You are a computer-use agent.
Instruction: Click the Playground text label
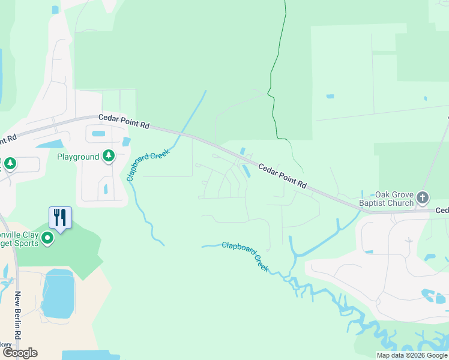(78, 157)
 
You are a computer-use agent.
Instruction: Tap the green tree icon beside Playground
(108, 157)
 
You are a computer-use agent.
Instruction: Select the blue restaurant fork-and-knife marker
(60, 218)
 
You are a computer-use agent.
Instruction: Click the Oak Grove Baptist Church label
(394, 199)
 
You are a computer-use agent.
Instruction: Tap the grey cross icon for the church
(423, 197)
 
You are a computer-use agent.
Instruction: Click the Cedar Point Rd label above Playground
(124, 124)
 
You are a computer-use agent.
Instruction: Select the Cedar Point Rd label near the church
(283, 176)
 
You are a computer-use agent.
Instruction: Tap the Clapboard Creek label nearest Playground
(148, 164)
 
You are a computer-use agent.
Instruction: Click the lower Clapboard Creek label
(246, 256)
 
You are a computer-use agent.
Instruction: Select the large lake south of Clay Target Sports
(58, 294)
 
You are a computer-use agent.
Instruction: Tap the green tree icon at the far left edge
(10, 163)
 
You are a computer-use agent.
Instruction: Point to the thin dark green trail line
(274, 72)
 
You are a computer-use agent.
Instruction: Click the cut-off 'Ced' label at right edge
(442, 210)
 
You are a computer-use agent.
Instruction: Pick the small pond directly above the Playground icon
(99, 133)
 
